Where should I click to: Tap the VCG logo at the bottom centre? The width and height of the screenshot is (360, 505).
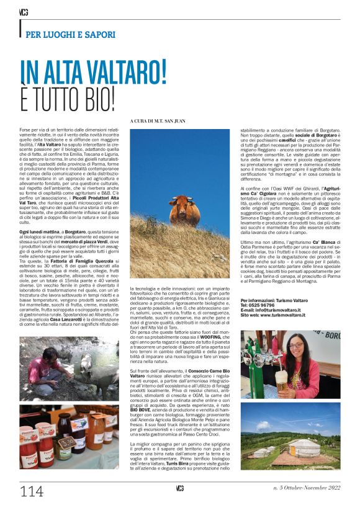[179, 487]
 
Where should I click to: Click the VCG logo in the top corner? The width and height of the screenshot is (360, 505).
[24, 11]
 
